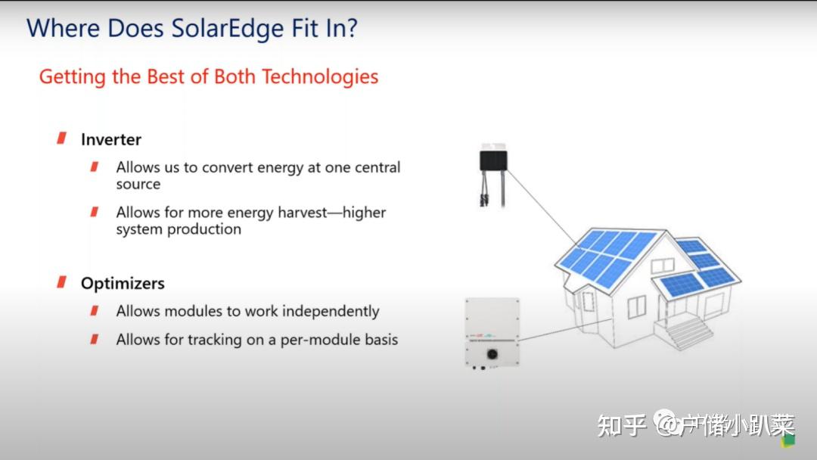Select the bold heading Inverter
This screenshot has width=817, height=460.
click(x=111, y=139)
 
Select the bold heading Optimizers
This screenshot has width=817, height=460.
click(x=123, y=283)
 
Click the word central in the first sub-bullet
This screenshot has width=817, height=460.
click(x=373, y=167)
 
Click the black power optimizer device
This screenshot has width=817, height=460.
click(x=492, y=160)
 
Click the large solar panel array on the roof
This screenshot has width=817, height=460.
click(x=606, y=256)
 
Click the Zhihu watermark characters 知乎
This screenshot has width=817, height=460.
click(x=621, y=425)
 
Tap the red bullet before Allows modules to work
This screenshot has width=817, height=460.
click(x=95, y=310)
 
